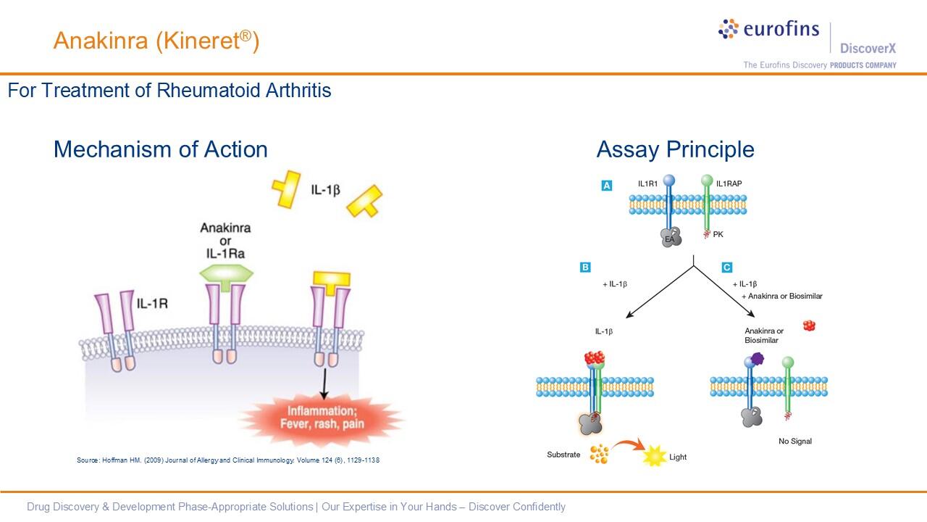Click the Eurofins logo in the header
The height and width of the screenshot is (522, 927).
768,30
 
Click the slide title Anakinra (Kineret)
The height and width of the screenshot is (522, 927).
156,41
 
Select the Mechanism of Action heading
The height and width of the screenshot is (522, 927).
160,149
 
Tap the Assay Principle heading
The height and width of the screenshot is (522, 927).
675,149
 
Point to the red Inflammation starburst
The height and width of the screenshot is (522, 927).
321,418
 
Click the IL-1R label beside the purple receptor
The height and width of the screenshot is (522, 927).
152,303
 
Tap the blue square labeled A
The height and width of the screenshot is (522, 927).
607,186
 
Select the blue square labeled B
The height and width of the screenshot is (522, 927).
585,268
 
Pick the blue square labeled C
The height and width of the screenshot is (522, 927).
727,268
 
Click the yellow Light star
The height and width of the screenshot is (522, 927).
654,457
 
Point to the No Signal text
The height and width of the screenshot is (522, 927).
794,441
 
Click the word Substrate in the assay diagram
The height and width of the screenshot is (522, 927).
563,455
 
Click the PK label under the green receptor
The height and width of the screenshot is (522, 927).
718,234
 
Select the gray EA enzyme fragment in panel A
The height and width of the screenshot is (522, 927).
670,237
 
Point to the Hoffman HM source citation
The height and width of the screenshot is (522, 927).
228,460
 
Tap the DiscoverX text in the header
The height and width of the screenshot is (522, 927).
868,49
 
